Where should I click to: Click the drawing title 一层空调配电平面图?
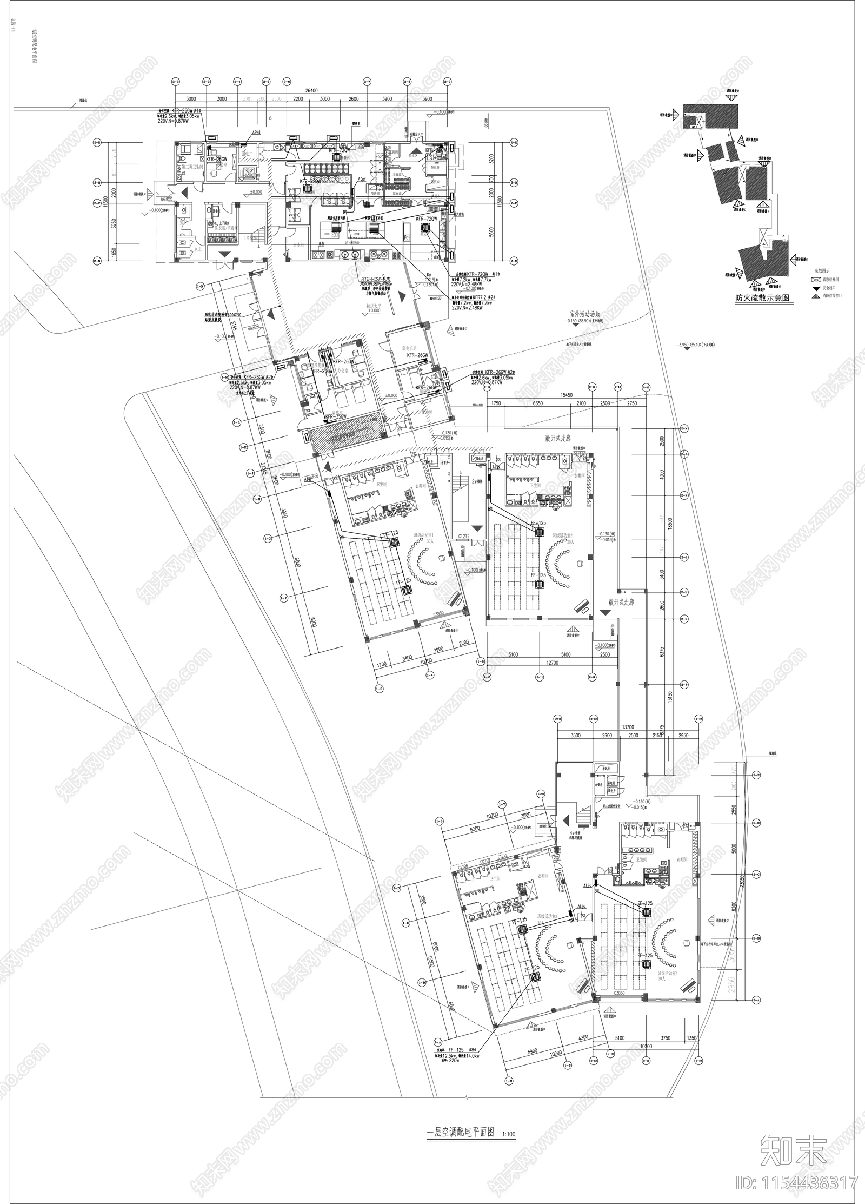[x=460, y=1117]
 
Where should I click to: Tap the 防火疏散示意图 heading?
[x=762, y=297]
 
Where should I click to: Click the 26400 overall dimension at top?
[x=312, y=91]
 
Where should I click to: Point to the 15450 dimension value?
[x=565, y=395]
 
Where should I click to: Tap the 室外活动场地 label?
[x=584, y=313]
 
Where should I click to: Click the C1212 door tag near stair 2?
[x=464, y=537]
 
